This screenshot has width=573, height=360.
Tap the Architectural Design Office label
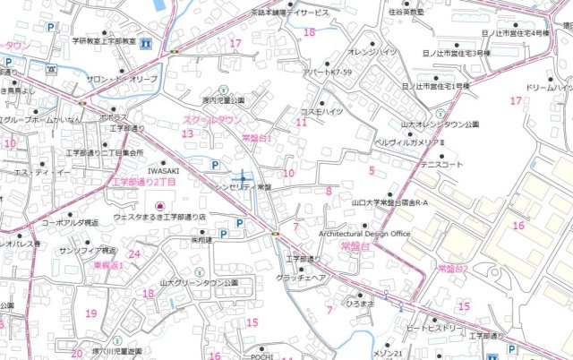[363, 234]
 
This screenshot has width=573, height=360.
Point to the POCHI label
[261, 356]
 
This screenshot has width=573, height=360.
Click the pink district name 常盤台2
[453, 268]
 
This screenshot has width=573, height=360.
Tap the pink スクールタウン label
[212, 119]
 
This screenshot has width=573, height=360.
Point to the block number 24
[134, 254]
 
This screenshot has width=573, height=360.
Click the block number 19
[90, 313]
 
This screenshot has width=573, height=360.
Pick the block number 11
[302, 122]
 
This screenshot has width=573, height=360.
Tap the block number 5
[371, 169]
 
